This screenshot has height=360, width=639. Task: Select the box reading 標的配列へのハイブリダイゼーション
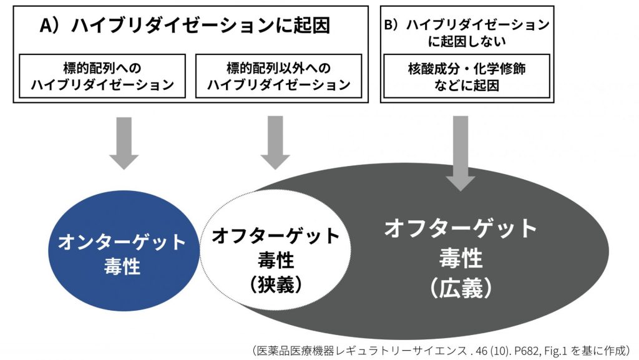click(x=102, y=75)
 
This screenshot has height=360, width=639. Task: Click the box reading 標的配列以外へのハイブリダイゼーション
click(x=278, y=75)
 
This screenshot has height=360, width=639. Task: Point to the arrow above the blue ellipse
click(x=124, y=143)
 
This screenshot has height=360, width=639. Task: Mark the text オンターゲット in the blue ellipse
click(x=122, y=242)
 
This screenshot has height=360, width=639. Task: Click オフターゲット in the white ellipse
click(x=275, y=236)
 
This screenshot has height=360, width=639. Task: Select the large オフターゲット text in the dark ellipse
click(x=461, y=228)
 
